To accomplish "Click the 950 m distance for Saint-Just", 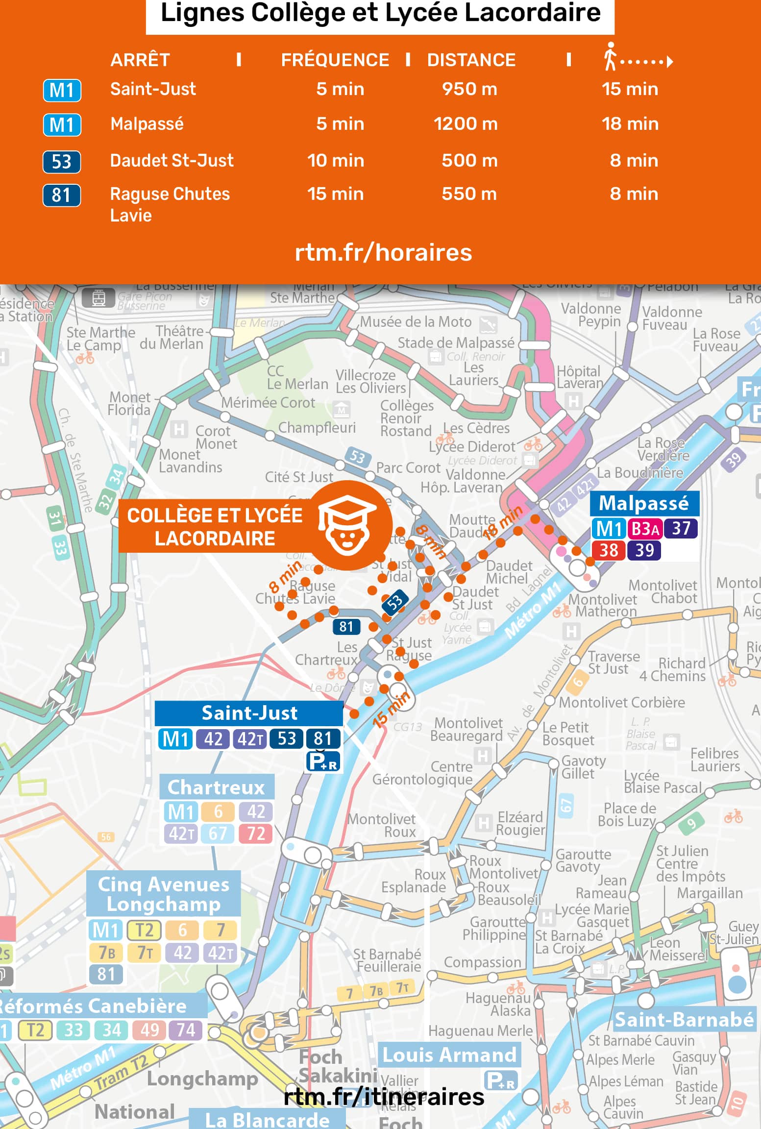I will pyautogui.click(x=469, y=89).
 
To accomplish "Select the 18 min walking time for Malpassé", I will pyautogui.click(x=630, y=124).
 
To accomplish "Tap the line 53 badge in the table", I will pyautogui.click(x=62, y=162).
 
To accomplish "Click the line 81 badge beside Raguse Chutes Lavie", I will pyautogui.click(x=62, y=195).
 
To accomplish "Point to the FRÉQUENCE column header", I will pyautogui.click(x=335, y=60).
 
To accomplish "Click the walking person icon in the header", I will pyautogui.click(x=610, y=56).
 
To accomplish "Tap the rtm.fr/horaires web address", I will pyautogui.click(x=383, y=252).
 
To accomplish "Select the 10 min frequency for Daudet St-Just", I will pyautogui.click(x=336, y=161).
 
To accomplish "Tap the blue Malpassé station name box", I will pyautogui.click(x=644, y=503).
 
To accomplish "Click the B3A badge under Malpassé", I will pyautogui.click(x=645, y=529).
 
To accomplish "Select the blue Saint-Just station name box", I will pyautogui.click(x=249, y=713).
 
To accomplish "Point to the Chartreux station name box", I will pyautogui.click(x=216, y=787).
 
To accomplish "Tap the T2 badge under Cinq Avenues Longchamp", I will pyautogui.click(x=144, y=930).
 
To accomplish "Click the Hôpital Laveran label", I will pyautogui.click(x=579, y=377).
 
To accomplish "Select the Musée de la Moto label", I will pyautogui.click(x=416, y=322).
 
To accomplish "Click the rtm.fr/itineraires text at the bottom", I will pyautogui.click(x=384, y=1097).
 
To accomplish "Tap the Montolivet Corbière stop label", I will pyautogui.click(x=622, y=702).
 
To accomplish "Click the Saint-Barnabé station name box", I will pyautogui.click(x=684, y=1020).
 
